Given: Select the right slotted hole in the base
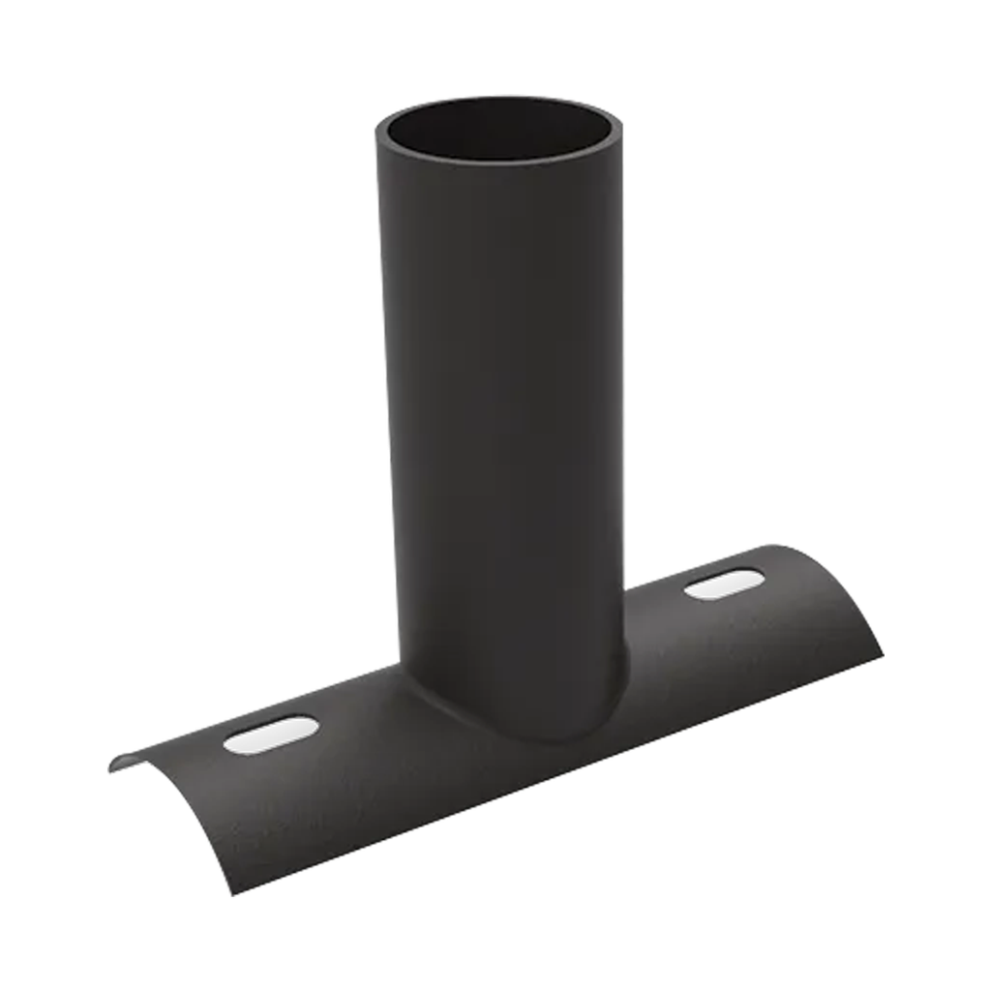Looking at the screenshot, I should tap(724, 584).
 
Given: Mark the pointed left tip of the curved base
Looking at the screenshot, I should tap(109, 769).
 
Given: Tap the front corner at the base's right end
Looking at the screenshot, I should tap(882, 650).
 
